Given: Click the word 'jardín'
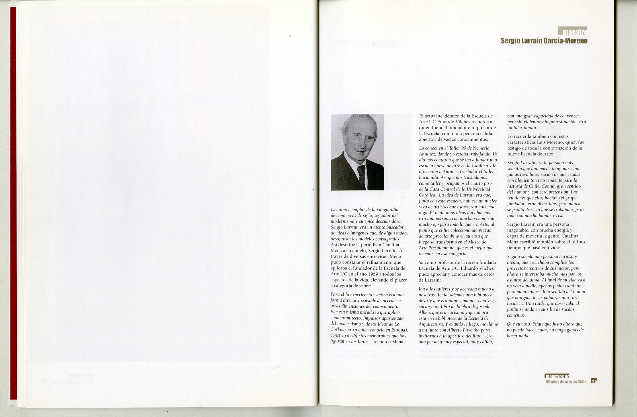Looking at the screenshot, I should pos(514,309).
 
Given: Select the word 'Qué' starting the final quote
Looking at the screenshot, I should pos(511,324).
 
